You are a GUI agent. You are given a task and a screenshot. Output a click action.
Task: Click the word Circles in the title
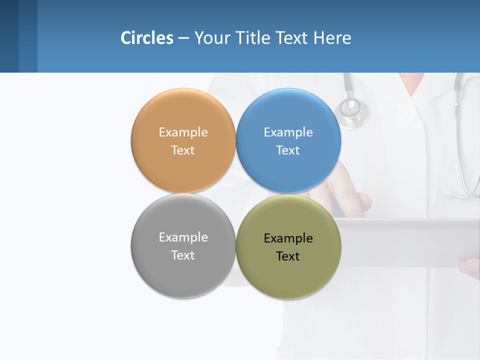coord(146,38)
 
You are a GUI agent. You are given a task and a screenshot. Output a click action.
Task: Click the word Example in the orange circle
coord(183,132)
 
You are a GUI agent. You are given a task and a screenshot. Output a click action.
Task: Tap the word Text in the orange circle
coord(183,150)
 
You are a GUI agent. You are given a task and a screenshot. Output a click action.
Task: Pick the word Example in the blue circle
coord(288,132)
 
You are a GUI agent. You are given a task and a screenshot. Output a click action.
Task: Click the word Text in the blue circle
coord(288,150)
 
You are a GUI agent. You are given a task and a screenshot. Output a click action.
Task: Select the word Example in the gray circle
coord(183,237)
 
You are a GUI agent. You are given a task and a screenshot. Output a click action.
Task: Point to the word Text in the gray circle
coord(183,255)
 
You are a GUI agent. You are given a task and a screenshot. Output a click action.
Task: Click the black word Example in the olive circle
coord(288,238)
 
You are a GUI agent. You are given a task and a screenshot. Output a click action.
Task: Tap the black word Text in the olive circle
coord(288,256)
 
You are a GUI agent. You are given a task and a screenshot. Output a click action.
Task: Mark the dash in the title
coord(183,38)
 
